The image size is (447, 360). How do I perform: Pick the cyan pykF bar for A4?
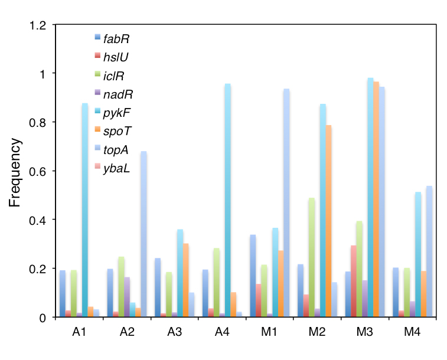[227, 201]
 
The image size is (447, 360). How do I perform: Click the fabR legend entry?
[116, 40]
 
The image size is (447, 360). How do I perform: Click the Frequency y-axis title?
[15, 173]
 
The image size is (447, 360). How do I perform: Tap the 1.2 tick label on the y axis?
[38, 25]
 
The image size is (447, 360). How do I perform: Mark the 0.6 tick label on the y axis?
[38, 171]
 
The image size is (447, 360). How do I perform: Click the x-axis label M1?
[270, 333]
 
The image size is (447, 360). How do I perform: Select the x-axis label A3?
[175, 333]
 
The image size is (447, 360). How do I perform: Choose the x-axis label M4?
[412, 333]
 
